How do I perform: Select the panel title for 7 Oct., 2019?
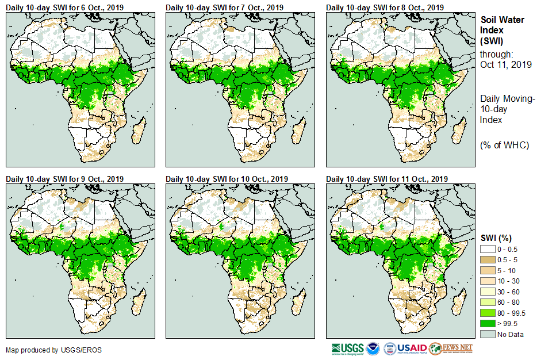tap(225, 7)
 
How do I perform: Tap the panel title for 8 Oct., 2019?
tap(385, 7)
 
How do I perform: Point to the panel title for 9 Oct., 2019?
tap(64, 179)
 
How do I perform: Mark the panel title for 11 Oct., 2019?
tap(387, 179)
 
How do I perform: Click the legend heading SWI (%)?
tap(496, 238)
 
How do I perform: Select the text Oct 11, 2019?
tap(505, 64)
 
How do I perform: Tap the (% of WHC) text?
tap(504, 145)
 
